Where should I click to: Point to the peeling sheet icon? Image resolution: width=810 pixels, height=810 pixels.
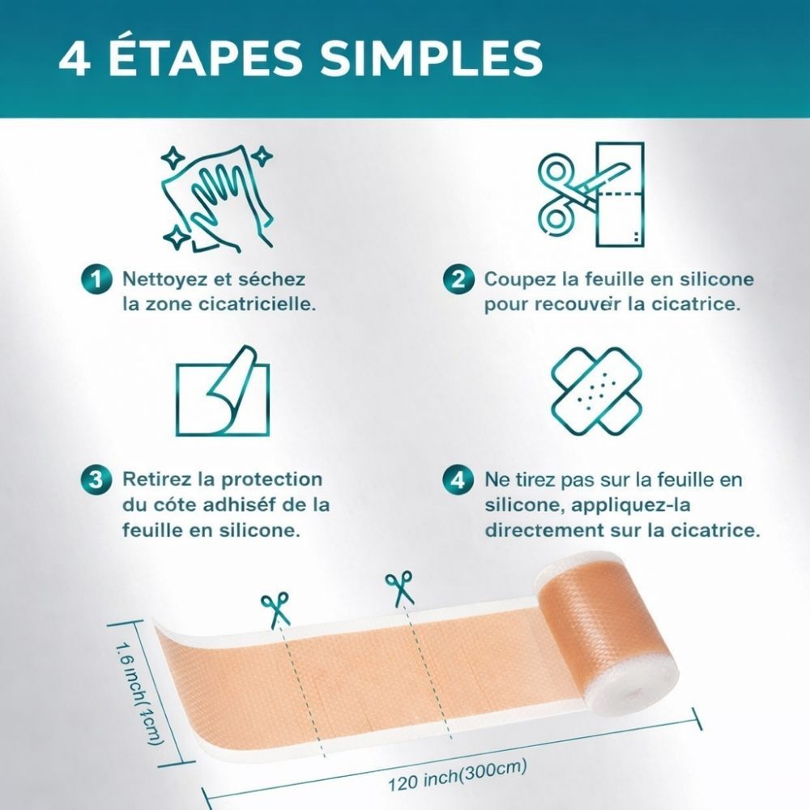click(x=222, y=390)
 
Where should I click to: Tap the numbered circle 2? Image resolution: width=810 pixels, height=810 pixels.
click(x=458, y=279)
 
